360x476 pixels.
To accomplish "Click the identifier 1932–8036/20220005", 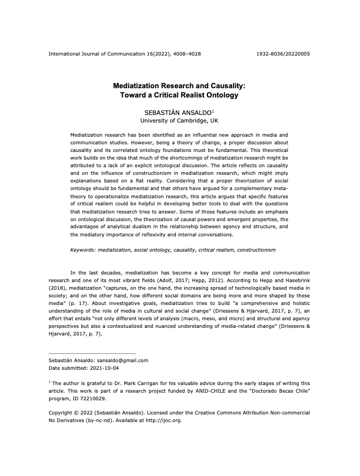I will click(x=283, y=54).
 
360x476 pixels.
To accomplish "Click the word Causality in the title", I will click(x=225, y=86).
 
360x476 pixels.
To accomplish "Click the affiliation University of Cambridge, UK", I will click(x=180, y=120).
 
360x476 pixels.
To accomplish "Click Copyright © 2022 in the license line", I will click(x=70, y=413).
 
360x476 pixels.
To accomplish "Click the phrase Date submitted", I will click(x=66, y=369).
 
